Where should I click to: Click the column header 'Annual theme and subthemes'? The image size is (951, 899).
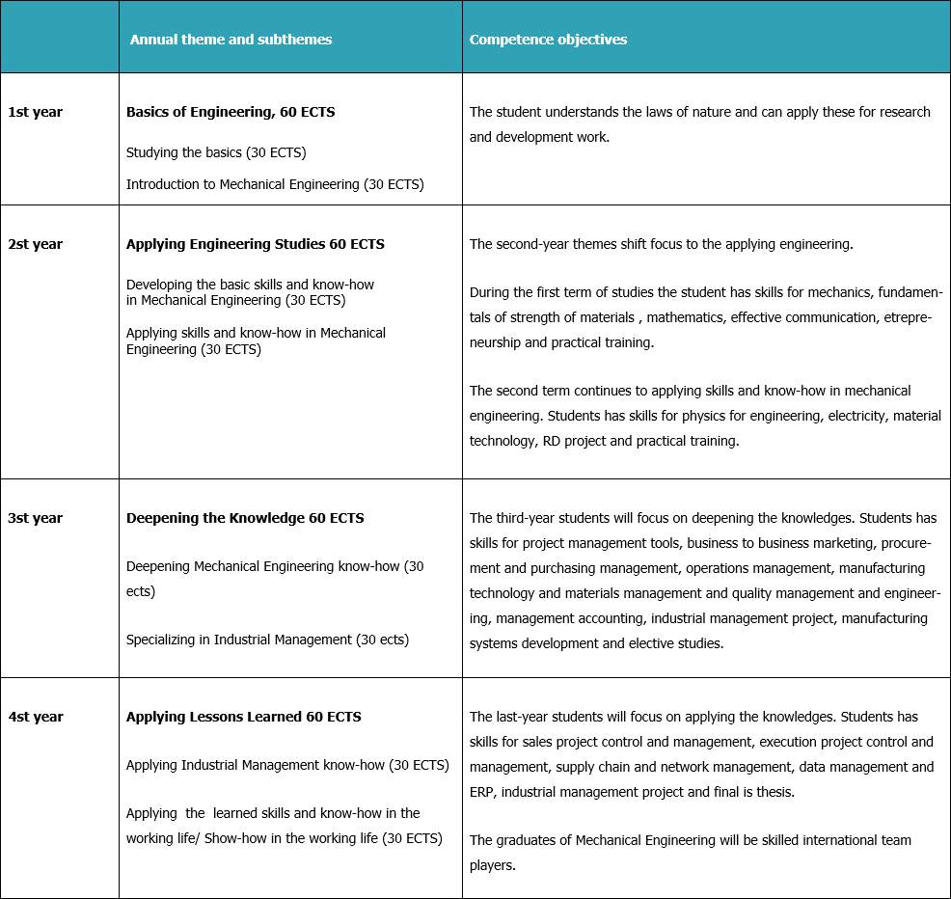click(x=231, y=40)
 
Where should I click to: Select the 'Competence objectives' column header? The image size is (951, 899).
click(x=548, y=40)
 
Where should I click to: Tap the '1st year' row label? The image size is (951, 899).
click(x=35, y=112)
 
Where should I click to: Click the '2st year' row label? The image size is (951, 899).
click(x=35, y=244)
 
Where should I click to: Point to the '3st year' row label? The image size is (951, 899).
click(x=35, y=518)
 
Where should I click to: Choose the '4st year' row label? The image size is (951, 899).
click(x=35, y=717)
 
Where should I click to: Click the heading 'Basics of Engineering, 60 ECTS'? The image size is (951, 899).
click(x=231, y=112)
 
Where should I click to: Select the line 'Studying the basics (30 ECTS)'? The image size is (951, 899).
click(x=216, y=152)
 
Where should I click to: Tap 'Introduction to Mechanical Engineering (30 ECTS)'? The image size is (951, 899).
click(x=275, y=184)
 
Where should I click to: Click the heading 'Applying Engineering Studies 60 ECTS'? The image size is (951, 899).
click(x=256, y=244)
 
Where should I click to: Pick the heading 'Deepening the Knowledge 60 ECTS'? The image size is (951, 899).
click(x=245, y=518)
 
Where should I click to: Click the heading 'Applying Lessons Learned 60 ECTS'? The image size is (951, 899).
click(x=244, y=717)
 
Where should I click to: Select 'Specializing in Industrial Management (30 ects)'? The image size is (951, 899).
click(x=267, y=640)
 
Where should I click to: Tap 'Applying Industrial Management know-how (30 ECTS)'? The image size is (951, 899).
click(x=287, y=765)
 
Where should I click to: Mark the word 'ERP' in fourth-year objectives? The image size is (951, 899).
click(x=483, y=792)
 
